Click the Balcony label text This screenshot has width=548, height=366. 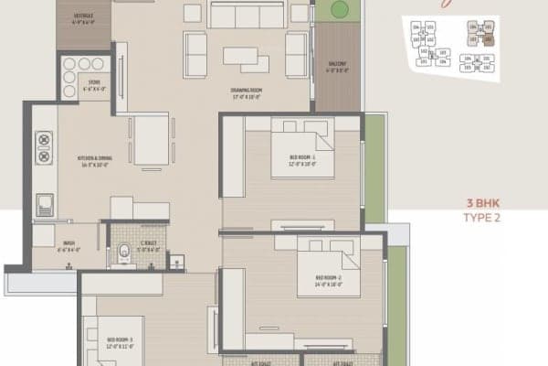pyautogui.click(x=337, y=65)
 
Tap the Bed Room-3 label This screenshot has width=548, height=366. pyautogui.click(x=120, y=340)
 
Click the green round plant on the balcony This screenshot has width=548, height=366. pyautogui.click(x=339, y=10)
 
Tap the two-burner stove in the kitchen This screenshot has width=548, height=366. pyautogui.click(x=43, y=143)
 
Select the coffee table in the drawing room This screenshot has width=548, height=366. pyautogui.click(x=247, y=58)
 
